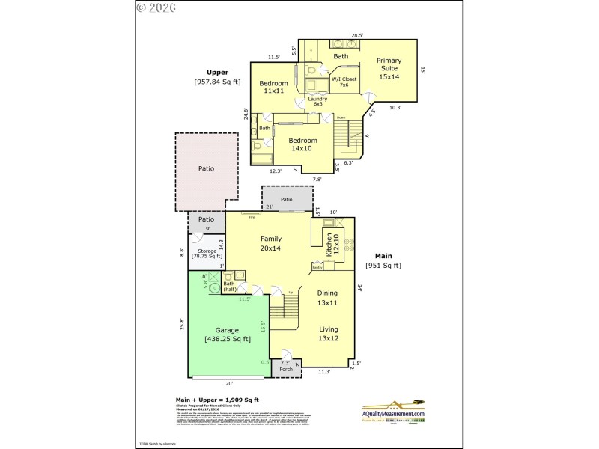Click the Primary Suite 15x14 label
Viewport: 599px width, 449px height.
pyautogui.click(x=389, y=68)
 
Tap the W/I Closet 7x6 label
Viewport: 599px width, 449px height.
pyautogui.click(x=344, y=82)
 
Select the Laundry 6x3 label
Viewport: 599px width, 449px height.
pyautogui.click(x=317, y=101)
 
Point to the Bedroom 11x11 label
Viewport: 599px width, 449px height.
pyautogui.click(x=273, y=87)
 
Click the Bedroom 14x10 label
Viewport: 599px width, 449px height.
pyautogui.click(x=301, y=144)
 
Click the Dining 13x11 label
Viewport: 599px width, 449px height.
pyautogui.click(x=327, y=298)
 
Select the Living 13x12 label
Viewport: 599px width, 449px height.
pyautogui.click(x=329, y=334)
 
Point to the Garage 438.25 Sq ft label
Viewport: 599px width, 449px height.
pyautogui.click(x=227, y=335)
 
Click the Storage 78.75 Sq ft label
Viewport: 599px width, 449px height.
pyautogui.click(x=207, y=254)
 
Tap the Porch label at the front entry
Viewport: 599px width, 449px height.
pyautogui.click(x=286, y=369)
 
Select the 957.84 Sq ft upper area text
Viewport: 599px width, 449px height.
pyautogui.click(x=217, y=82)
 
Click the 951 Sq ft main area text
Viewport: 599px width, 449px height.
pyautogui.click(x=383, y=266)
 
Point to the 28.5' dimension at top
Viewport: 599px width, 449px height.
pyautogui.click(x=358, y=35)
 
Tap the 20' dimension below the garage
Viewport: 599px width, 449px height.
pyautogui.click(x=229, y=383)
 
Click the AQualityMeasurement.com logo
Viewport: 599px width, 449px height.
pyautogui.click(x=393, y=410)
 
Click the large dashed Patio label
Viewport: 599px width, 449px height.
pyautogui.click(x=206, y=168)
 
